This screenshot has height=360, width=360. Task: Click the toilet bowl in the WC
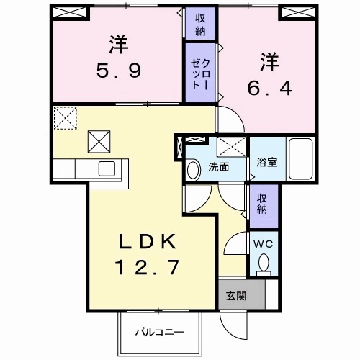point(264,263)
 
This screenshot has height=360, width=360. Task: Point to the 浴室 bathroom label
point(266,163)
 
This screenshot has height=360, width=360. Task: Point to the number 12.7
point(144,268)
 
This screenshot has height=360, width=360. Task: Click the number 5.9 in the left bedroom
point(119,72)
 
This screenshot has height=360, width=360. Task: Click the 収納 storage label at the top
point(199,23)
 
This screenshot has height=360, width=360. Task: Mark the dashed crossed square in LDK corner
point(64,117)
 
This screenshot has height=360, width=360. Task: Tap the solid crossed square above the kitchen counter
point(99,140)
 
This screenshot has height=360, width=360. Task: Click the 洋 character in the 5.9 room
point(119,45)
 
